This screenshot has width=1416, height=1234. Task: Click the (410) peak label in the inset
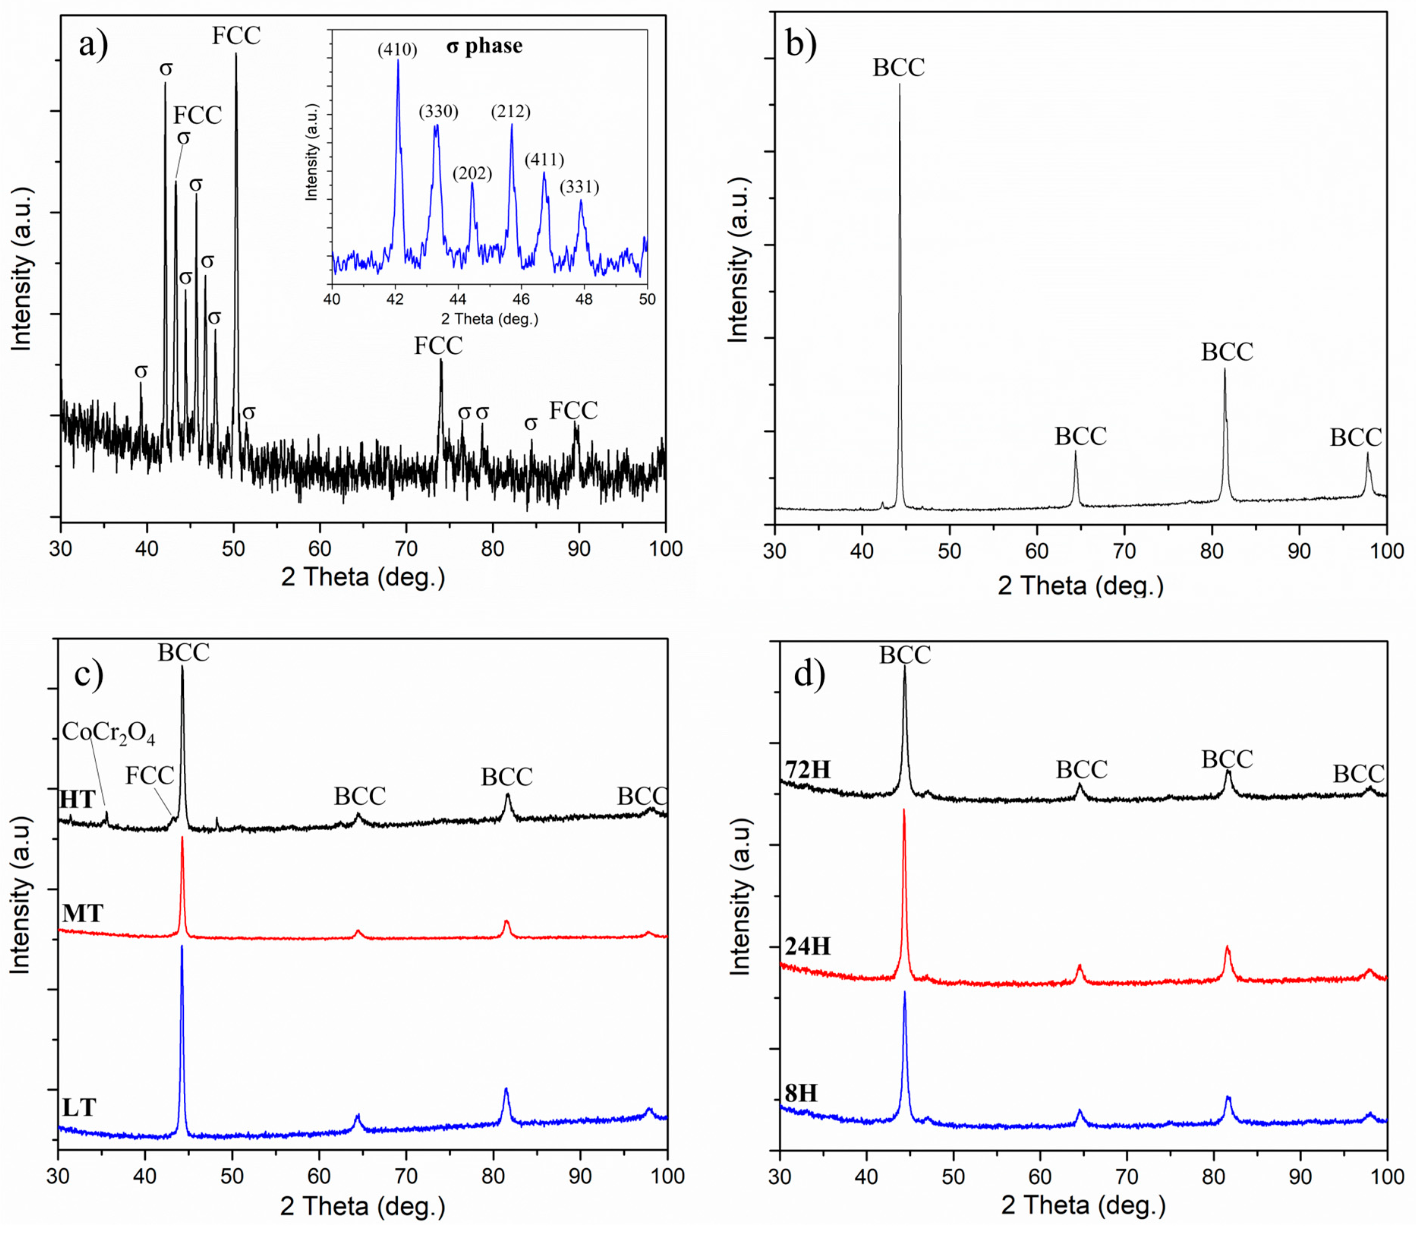pyautogui.click(x=397, y=50)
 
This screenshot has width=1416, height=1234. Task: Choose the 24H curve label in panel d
pyautogui.click(x=808, y=947)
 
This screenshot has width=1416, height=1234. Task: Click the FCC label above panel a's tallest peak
pyautogui.click(x=236, y=36)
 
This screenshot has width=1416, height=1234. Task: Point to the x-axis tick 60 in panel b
pyautogui.click(x=1037, y=552)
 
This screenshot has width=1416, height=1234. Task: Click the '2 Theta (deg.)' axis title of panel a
pyautogui.click(x=363, y=577)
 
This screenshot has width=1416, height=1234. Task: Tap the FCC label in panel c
pyautogui.click(x=150, y=776)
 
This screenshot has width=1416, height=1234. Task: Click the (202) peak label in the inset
pyautogui.click(x=472, y=173)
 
